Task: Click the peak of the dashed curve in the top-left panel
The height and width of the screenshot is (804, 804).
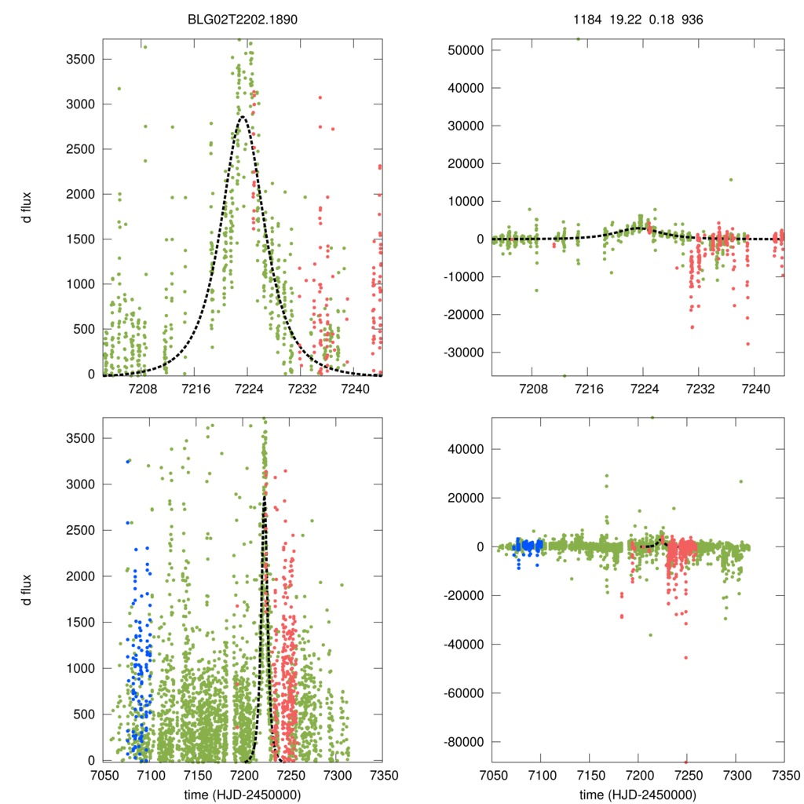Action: pos(243,117)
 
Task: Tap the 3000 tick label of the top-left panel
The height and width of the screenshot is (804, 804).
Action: pos(82,104)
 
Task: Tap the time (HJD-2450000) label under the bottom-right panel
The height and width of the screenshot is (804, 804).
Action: pos(637,794)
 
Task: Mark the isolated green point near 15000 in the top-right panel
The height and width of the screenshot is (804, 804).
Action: pos(730,179)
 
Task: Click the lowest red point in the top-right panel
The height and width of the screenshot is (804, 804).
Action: pos(747,344)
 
